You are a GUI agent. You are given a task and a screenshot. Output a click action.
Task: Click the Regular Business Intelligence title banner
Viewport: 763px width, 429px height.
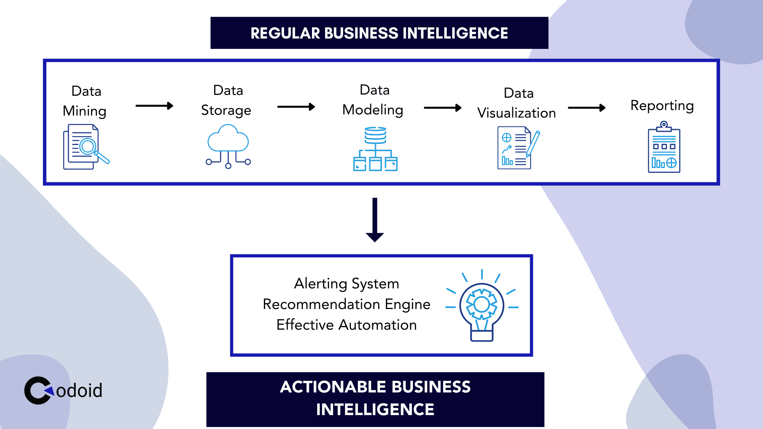click(379, 33)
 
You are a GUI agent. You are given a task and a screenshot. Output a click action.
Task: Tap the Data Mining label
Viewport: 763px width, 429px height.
click(85, 101)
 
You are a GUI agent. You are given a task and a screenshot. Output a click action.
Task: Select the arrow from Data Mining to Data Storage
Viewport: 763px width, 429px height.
click(154, 106)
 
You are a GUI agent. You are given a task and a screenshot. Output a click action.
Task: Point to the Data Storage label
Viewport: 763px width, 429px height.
click(227, 100)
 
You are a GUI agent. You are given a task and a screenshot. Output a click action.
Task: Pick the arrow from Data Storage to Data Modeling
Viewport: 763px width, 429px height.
click(296, 106)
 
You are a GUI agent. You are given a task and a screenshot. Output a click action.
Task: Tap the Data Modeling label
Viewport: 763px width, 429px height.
click(373, 100)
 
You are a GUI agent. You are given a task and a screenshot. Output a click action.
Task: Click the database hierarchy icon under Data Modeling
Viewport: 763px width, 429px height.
click(376, 149)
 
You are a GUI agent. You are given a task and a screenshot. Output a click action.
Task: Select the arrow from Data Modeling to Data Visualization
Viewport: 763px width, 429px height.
click(443, 108)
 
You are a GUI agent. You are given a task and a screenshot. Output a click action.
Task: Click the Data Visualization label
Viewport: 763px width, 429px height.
click(517, 103)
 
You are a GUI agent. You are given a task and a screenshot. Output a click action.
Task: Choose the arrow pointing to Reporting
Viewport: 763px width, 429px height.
click(587, 108)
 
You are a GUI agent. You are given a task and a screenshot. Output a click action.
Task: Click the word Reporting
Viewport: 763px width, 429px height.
click(662, 106)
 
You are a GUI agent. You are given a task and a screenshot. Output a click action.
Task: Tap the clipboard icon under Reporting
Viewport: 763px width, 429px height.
click(664, 148)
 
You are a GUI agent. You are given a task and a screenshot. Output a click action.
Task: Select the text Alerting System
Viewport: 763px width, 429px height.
click(347, 284)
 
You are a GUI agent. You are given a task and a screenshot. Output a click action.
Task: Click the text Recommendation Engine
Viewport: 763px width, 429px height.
click(347, 304)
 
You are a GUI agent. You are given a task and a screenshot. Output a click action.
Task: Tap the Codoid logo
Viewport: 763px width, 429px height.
click(64, 390)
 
